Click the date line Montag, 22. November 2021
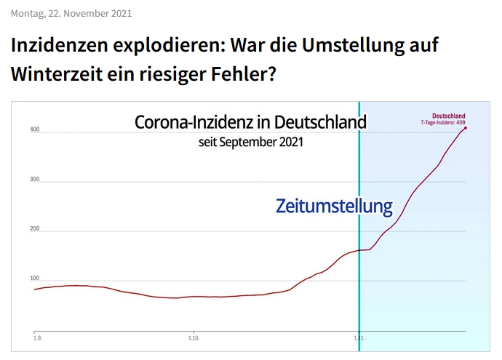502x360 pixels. [71, 13]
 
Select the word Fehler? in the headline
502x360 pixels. [247, 73]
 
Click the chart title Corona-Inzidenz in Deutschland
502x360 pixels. [250, 121]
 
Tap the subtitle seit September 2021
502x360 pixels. [250, 142]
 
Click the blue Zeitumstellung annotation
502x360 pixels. [334, 207]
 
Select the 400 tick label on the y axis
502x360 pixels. [34, 131]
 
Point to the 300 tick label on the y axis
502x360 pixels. [34, 180]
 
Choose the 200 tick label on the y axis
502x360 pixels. [34, 230]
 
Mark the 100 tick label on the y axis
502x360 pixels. [34, 279]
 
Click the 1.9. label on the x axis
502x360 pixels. [37, 339]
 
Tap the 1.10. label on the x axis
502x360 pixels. [194, 339]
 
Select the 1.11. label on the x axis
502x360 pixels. [359, 339]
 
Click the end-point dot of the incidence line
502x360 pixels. [465, 129]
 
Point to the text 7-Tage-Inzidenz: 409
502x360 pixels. [443, 122]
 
